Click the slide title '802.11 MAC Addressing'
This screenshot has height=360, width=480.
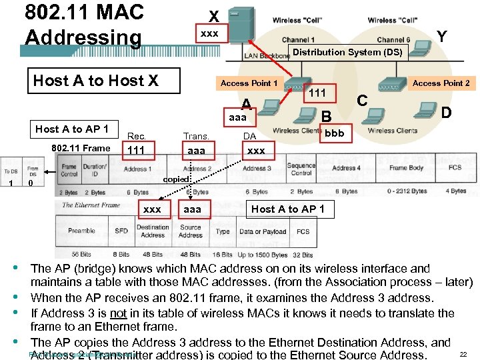(83, 25)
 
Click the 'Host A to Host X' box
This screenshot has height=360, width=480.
(96, 81)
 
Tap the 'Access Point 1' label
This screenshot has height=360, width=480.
(249, 83)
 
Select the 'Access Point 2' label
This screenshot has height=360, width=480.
(441, 83)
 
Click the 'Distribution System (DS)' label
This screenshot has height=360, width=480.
(347, 52)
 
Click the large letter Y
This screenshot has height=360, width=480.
(441, 37)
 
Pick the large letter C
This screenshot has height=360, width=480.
(363, 101)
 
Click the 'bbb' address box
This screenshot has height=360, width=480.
(334, 133)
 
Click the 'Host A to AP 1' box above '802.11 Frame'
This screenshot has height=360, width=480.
(77, 129)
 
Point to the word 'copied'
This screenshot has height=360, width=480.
(176, 179)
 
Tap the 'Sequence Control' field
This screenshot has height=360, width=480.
(301, 169)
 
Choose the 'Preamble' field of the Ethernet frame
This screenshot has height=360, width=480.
(82, 231)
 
